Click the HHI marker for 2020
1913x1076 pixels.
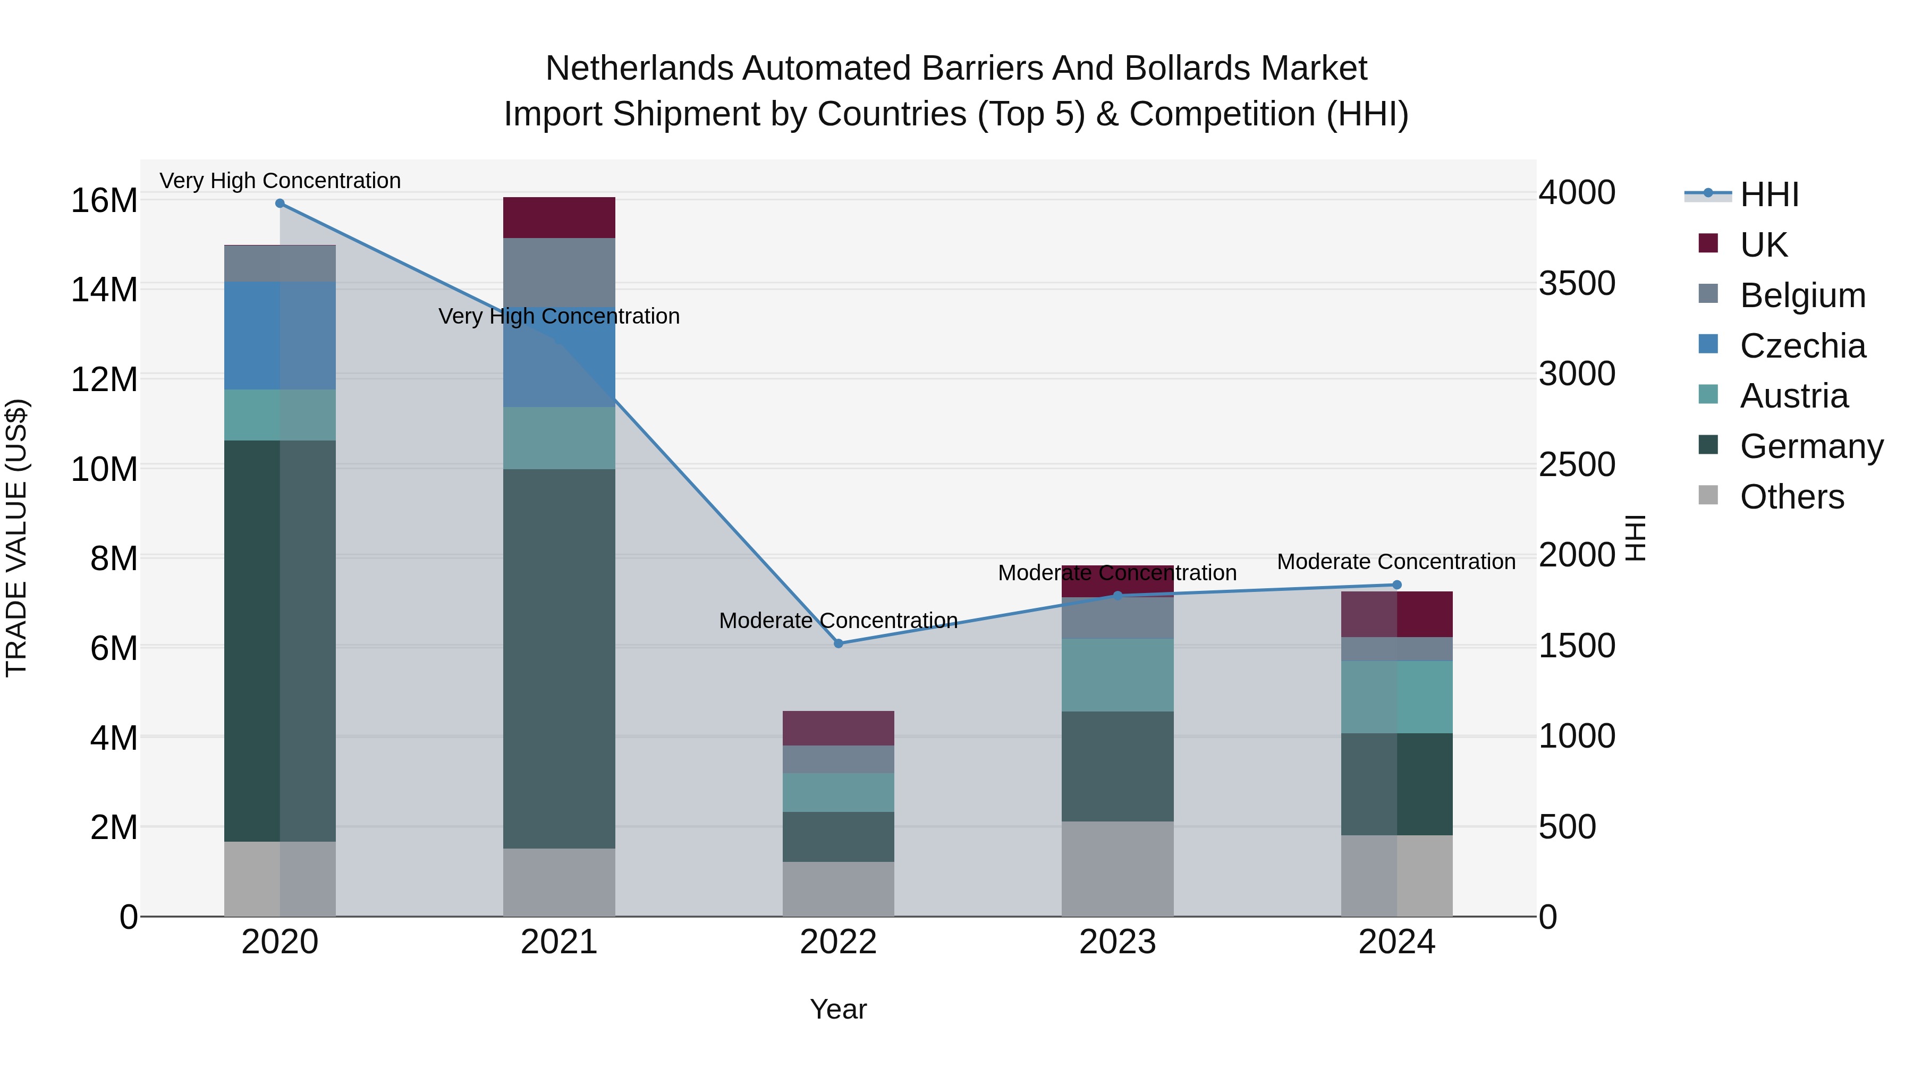pos(280,204)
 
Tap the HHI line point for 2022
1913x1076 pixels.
pos(839,644)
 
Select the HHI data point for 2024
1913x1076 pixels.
pos(1397,585)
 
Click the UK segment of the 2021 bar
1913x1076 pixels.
pos(559,217)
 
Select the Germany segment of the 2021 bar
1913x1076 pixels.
pos(559,659)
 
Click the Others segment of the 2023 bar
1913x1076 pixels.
pos(1118,869)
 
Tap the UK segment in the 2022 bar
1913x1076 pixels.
pos(839,728)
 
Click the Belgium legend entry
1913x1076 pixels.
pos(1802,295)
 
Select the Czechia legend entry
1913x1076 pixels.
pos(1802,346)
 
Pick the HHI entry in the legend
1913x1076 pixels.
pos(1769,194)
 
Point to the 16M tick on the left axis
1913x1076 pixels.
pos(104,201)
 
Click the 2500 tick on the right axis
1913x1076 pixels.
pos(1577,465)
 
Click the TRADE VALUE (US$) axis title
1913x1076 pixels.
pos(17,538)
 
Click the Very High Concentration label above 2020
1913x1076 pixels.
pos(280,181)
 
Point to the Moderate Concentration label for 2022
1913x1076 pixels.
pos(839,621)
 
